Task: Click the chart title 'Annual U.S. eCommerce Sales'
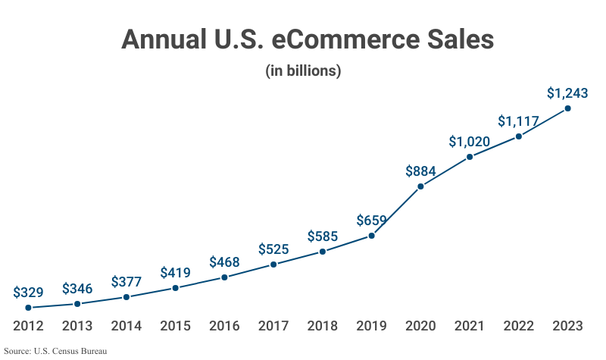(307, 39)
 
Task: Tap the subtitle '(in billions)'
(303, 71)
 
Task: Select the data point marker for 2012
(28, 308)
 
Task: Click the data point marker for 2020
(420, 186)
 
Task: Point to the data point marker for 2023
(568, 108)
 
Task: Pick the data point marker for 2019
(371, 236)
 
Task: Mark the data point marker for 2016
(224, 277)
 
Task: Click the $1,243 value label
(567, 93)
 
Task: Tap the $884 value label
(420, 171)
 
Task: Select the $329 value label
(28, 293)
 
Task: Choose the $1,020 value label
(469, 142)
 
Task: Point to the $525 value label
(273, 249)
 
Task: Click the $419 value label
(175, 273)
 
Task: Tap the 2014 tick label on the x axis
(126, 327)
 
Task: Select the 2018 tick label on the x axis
(323, 327)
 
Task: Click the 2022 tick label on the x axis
(519, 327)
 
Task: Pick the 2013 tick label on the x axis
(77, 327)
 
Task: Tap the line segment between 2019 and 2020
(395, 211)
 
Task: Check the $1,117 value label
(519, 121)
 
